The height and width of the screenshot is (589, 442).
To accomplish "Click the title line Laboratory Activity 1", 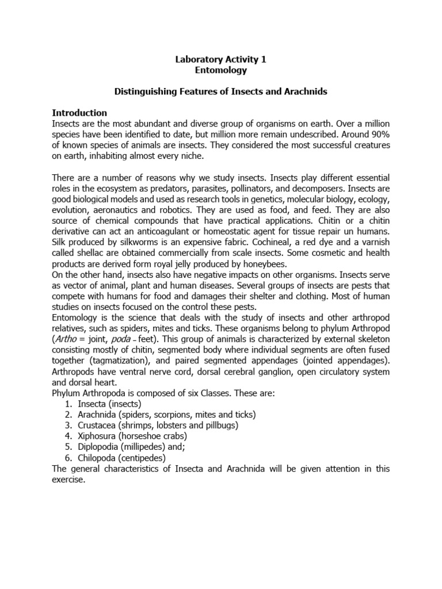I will pyautogui.click(x=220, y=59).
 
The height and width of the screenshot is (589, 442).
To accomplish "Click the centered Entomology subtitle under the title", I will pyautogui.click(x=220, y=70).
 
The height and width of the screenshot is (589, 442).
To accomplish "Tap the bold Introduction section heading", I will pyautogui.click(x=79, y=113).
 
